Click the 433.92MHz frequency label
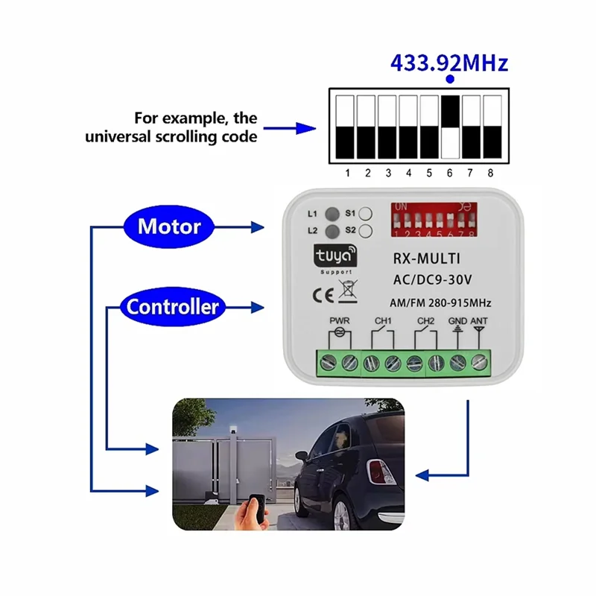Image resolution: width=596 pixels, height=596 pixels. point(449,63)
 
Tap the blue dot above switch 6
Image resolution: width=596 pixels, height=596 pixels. point(449,80)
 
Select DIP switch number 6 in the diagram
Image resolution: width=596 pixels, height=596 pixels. point(450,126)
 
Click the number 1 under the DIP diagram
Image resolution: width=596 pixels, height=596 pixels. point(347,173)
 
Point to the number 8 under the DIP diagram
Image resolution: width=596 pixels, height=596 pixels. point(490,173)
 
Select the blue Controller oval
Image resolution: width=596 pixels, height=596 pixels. point(172,306)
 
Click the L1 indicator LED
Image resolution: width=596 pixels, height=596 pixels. point(332,214)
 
